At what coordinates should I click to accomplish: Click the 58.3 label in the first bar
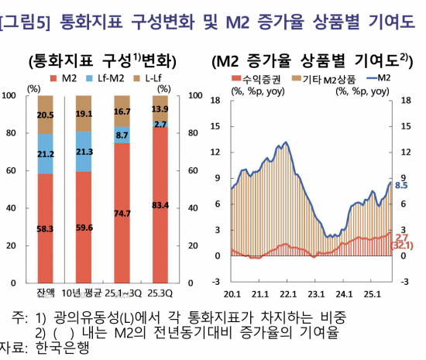point(45,228)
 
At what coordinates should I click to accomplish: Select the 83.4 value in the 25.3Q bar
point(161,204)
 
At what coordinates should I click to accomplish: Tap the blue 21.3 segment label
point(84,153)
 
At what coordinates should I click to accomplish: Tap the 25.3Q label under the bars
point(161,292)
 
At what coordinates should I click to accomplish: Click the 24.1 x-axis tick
point(345,294)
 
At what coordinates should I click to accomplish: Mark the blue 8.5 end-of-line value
point(401,185)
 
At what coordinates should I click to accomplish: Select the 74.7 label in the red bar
point(122,213)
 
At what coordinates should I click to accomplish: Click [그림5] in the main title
point(23,23)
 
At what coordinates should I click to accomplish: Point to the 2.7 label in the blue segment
point(160,124)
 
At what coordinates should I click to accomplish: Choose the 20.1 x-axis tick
point(232,294)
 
